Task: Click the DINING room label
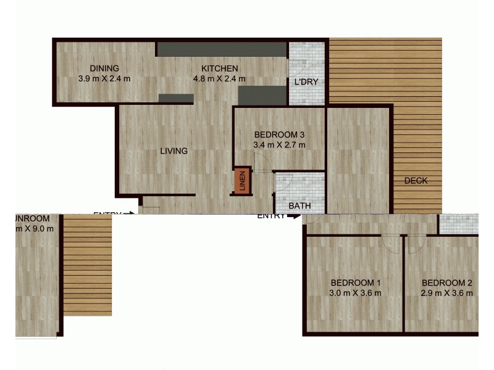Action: (104, 68)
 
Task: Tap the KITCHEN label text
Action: (220, 68)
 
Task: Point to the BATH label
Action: (299, 206)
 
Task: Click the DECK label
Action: (416, 181)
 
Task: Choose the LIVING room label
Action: (174, 150)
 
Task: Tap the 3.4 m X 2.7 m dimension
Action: (280, 146)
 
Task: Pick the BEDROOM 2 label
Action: (448, 283)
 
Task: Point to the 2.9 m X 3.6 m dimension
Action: (448, 294)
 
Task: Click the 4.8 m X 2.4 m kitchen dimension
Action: (220, 78)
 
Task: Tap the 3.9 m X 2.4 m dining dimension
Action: (104, 78)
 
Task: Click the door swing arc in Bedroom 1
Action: (390, 243)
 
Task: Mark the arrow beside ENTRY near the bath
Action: (295, 216)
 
